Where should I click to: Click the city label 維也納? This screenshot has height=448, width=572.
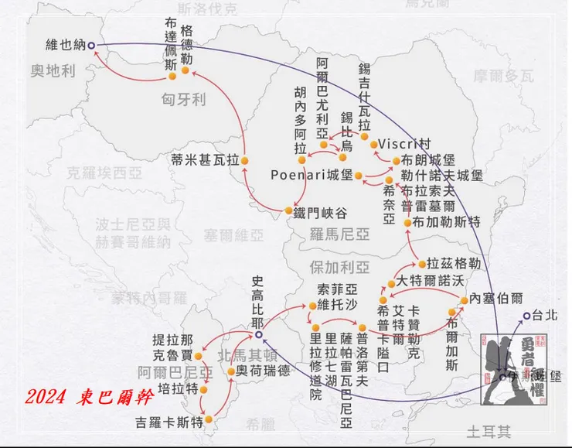point(66,45)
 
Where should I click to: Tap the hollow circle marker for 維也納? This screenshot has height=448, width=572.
point(92,45)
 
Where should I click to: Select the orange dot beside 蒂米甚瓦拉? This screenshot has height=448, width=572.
point(244,161)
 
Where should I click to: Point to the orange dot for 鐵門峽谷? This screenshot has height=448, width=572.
point(288,210)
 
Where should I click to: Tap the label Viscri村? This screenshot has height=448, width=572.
point(403,145)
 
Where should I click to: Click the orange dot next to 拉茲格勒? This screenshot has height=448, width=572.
point(421,264)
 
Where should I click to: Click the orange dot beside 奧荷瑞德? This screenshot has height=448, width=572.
point(230,371)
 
